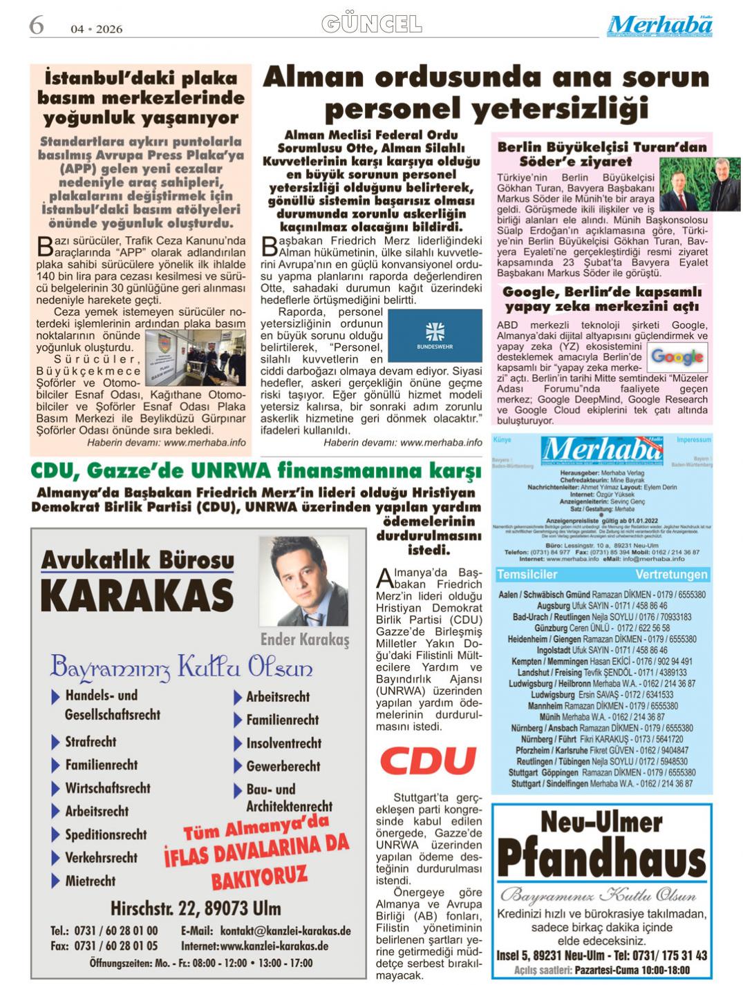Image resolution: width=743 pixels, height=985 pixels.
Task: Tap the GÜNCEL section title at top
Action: tap(371, 25)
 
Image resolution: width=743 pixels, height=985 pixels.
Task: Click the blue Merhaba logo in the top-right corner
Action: tap(659, 26)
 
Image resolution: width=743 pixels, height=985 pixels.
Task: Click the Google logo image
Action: tap(677, 356)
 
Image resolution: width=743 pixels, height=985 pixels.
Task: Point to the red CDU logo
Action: tap(428, 761)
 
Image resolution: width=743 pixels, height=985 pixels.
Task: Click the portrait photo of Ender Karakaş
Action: tap(303, 581)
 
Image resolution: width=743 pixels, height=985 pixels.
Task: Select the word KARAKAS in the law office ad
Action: tap(137, 595)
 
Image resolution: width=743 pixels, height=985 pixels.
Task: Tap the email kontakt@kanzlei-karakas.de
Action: tap(266, 930)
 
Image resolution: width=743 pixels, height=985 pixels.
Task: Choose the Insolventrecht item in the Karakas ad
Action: tap(283, 743)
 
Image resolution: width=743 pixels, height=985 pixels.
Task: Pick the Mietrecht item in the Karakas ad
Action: tap(91, 881)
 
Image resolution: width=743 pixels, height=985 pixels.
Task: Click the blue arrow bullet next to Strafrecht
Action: tap(55, 743)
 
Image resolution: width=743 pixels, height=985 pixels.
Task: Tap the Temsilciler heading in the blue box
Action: tap(527, 575)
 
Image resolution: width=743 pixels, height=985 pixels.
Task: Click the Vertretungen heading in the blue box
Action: tap(671, 575)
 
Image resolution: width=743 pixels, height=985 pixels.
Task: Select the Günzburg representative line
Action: tap(601, 628)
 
